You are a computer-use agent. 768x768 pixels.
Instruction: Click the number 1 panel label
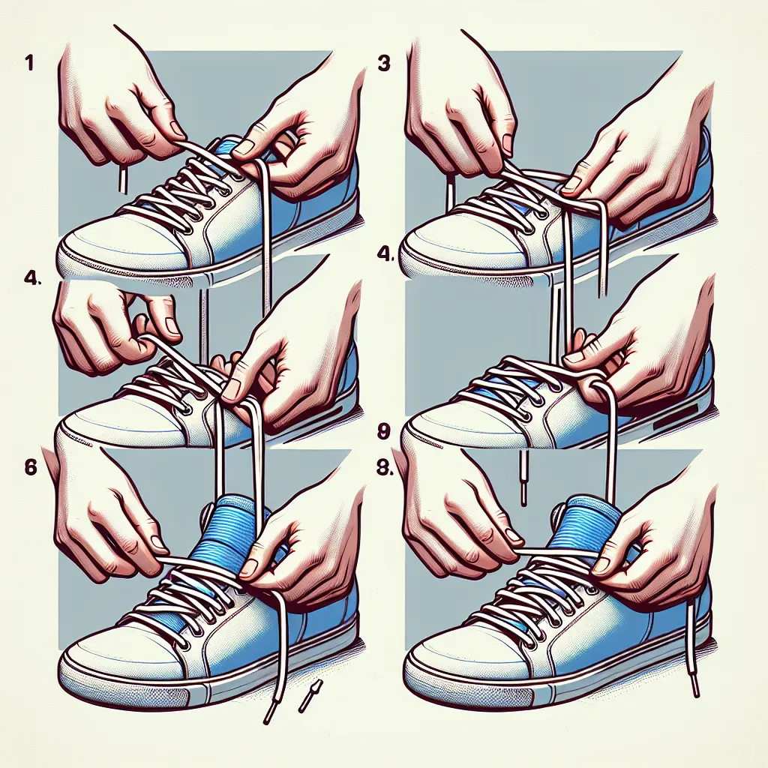(29, 64)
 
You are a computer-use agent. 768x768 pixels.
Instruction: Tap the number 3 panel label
(384, 64)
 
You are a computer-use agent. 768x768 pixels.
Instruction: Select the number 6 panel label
(30, 466)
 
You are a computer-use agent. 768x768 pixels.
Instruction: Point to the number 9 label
(384, 431)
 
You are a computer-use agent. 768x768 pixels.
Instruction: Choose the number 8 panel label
(385, 468)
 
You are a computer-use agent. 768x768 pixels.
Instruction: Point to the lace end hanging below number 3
(451, 196)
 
